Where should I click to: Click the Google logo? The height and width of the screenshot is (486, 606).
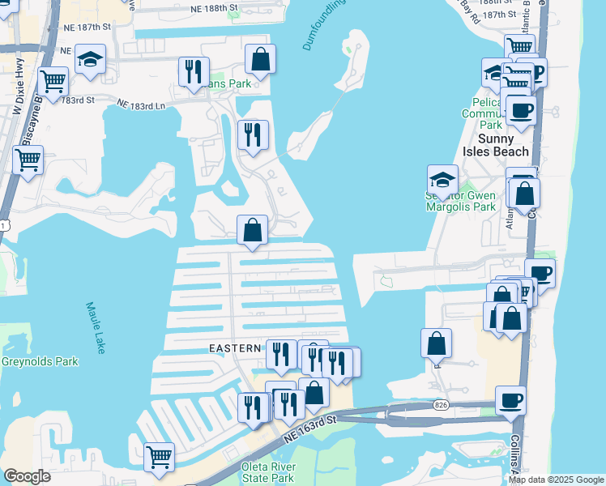27,476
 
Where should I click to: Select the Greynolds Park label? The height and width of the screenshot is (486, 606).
40,361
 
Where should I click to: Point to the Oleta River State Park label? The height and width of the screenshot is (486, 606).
268,472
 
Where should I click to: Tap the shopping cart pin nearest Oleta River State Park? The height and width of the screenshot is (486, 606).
159,456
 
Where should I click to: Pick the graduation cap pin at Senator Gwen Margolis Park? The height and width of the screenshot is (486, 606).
442,179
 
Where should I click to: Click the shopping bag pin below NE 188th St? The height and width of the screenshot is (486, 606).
260,59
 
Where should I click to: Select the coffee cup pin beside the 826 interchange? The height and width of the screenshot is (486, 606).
511,401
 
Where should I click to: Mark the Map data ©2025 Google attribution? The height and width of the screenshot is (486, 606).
556,480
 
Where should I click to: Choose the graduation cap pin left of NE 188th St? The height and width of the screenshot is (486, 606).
91,61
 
